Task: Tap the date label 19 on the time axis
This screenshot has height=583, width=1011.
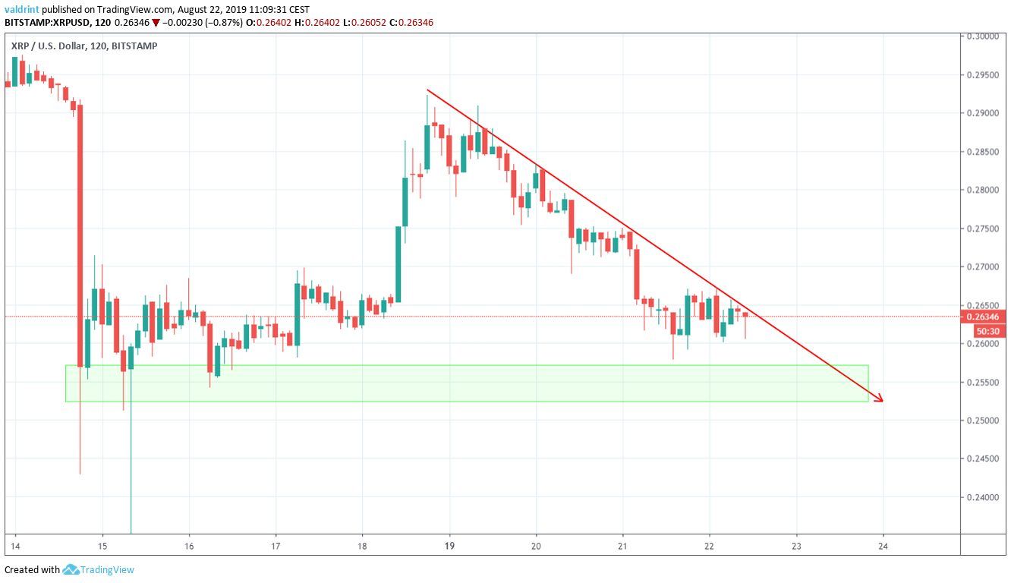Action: pos(449,546)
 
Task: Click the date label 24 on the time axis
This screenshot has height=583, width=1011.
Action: pos(883,546)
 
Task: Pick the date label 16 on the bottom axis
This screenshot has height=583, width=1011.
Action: pos(189,546)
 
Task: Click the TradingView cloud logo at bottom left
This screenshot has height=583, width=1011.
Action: pos(71,569)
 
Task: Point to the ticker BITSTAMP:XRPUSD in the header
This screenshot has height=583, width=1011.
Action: pos(46,23)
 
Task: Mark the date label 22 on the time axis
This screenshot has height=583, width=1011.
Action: pos(709,546)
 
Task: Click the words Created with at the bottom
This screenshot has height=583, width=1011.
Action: pos(32,569)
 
